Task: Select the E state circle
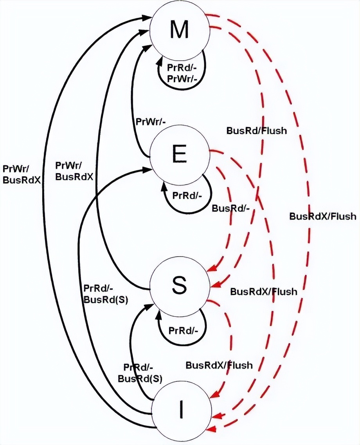coord(179,156)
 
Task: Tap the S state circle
coord(179,286)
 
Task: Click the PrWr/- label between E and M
coord(150,121)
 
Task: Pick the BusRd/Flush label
coord(256,130)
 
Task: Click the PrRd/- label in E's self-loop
coord(187,195)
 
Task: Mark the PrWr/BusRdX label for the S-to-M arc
coord(74,171)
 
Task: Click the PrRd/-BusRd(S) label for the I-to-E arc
coord(106,294)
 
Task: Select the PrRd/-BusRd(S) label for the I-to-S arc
coord(140,373)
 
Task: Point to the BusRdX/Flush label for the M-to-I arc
coord(323,216)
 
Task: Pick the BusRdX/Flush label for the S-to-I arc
coord(219,365)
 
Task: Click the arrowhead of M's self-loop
coord(159,60)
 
